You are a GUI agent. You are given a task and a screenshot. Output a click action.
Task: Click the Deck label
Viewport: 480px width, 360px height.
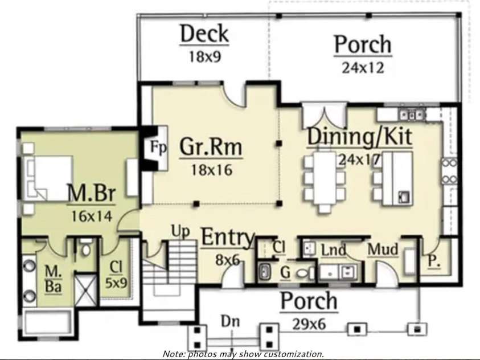(204, 34)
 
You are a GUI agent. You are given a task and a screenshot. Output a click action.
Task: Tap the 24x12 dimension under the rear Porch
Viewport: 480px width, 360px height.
(363, 67)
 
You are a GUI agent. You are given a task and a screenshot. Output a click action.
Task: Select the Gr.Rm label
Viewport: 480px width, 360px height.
(211, 147)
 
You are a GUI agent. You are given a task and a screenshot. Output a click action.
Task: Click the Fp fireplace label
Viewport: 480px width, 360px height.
(158, 148)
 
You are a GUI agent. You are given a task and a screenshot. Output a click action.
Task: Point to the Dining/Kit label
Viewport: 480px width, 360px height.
(360, 137)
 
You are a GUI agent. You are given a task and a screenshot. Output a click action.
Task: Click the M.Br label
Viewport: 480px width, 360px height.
(91, 194)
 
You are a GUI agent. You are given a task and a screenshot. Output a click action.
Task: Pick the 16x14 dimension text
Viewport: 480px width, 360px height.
(91, 216)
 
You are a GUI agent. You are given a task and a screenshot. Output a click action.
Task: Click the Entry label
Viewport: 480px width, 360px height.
(227, 238)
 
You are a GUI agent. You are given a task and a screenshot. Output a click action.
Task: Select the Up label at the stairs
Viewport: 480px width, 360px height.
(180, 231)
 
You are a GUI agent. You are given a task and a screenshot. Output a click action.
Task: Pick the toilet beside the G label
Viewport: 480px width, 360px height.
(303, 273)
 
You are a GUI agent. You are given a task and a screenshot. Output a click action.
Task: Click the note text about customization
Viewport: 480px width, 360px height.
(243, 354)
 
